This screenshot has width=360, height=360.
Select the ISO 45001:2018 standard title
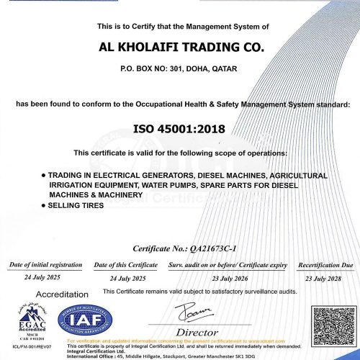(x=180, y=130)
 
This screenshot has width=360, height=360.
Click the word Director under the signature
(x=197, y=332)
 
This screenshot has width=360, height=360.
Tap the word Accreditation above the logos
(x=62, y=294)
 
